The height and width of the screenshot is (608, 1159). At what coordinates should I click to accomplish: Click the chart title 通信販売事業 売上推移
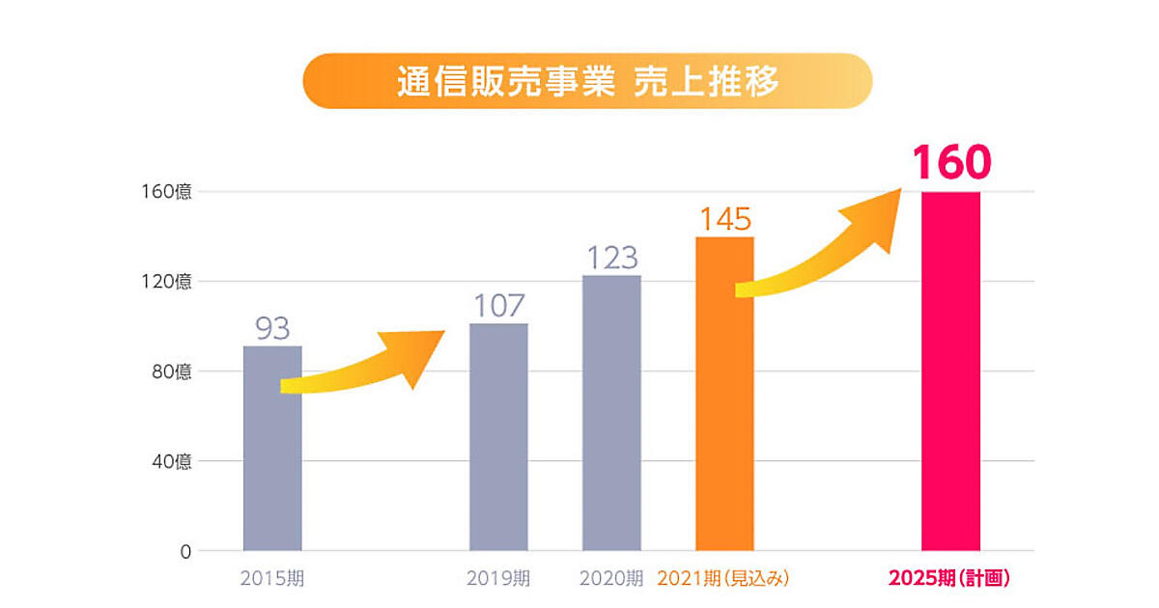[x=587, y=81]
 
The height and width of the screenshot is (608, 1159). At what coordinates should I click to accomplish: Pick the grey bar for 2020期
[x=611, y=415]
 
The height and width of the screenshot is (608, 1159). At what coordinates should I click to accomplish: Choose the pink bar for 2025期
[x=950, y=372]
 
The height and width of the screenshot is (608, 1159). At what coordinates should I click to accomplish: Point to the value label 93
[x=272, y=328]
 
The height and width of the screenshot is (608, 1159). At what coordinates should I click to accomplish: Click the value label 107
[x=498, y=306]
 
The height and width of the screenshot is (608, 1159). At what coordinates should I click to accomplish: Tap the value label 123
[x=612, y=258]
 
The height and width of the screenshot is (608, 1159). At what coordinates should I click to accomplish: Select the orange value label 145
[x=725, y=219]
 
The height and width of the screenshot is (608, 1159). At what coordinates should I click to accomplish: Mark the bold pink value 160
[x=951, y=163]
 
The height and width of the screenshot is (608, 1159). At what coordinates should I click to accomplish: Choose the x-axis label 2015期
[x=271, y=579]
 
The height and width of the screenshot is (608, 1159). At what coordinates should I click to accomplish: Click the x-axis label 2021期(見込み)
[x=723, y=579]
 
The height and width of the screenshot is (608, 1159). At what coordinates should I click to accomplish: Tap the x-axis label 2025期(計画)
[x=948, y=579]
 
